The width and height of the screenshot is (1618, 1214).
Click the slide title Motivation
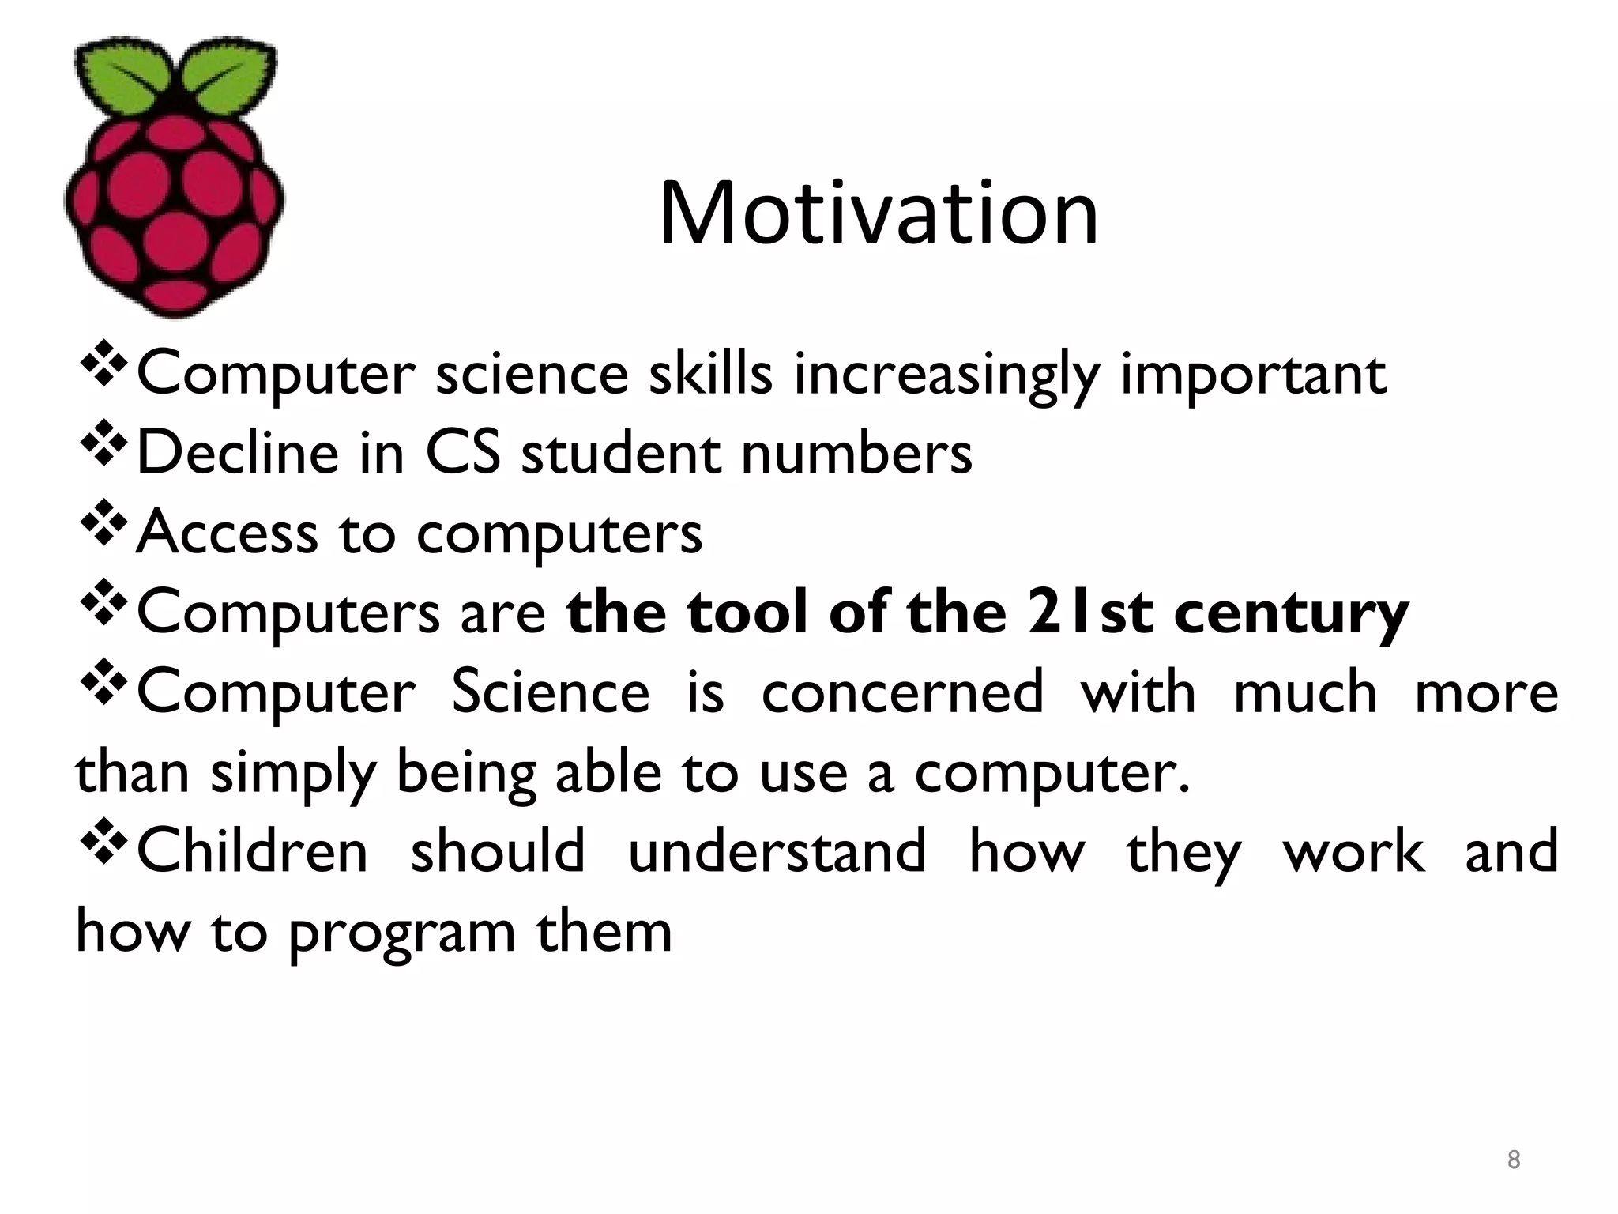pos(879,213)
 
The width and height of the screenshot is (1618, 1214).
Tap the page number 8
pos(1513,1159)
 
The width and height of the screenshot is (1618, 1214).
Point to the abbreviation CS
pos(463,454)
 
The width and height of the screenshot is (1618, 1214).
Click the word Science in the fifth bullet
pos(550,692)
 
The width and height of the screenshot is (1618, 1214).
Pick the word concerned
pos(902,692)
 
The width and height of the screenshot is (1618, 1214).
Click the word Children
pos(253,851)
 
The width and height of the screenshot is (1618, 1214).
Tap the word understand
pos(777,851)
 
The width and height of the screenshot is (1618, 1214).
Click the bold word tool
pos(747,613)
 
